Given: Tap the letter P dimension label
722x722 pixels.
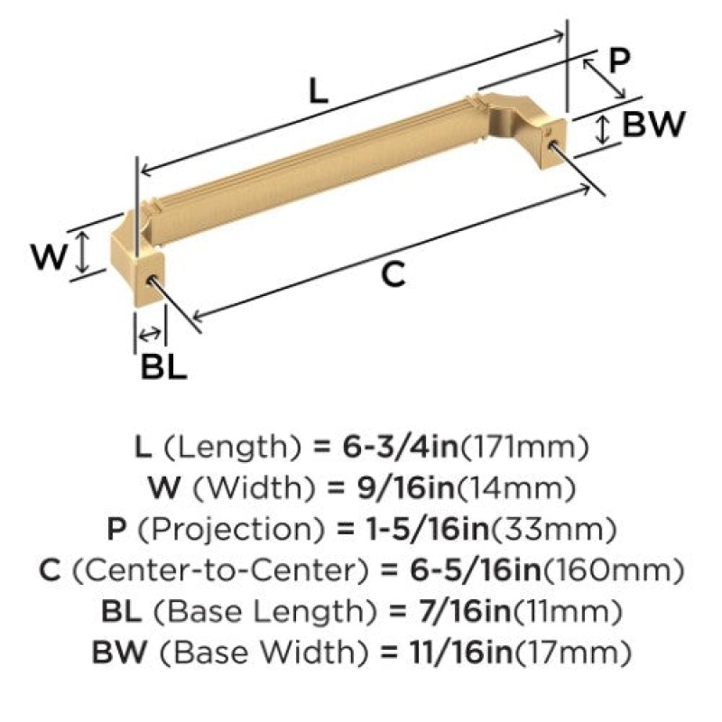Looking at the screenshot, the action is [618, 60].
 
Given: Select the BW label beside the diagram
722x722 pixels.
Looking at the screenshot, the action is [653, 124].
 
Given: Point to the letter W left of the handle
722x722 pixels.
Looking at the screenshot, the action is [50, 256].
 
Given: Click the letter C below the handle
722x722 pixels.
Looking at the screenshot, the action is [393, 274].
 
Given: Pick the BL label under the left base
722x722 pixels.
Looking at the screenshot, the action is [164, 367].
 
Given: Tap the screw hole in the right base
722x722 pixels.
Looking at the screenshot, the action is [551, 143].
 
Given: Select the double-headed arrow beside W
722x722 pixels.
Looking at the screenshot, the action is [82, 252].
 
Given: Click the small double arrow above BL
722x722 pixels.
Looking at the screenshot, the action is [150, 333].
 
